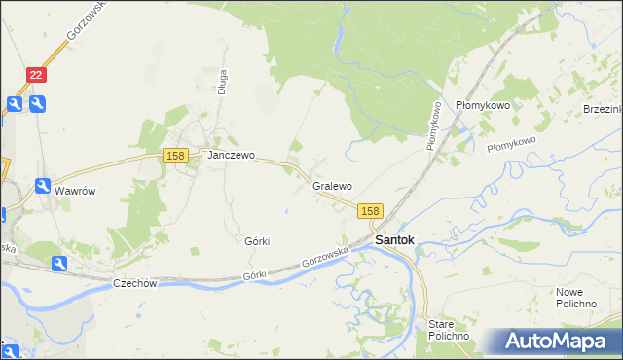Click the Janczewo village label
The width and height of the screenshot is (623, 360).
point(229,155)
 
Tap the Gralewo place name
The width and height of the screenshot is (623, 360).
point(332,185)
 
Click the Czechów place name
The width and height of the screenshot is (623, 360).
point(135,283)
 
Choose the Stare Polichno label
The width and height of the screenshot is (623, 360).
point(449,329)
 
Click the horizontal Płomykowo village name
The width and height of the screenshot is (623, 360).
point(483,105)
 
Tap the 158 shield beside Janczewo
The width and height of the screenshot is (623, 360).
point(175,156)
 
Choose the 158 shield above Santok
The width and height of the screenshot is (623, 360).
point(370,210)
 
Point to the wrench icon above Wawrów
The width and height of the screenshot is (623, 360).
point(44,186)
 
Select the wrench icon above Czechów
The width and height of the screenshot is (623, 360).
point(58,264)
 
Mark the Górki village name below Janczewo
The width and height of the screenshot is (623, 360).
point(257,240)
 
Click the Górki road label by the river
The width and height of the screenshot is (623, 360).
point(254,277)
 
